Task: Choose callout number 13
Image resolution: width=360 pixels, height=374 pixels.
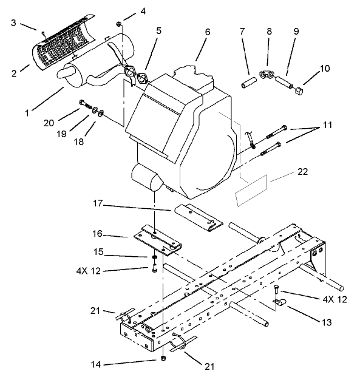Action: click(x=327, y=322)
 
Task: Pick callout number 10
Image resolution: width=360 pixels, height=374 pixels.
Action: click(x=325, y=68)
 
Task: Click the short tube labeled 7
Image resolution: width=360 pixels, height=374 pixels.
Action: click(x=247, y=81)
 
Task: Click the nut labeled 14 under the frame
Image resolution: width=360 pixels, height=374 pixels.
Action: click(x=164, y=358)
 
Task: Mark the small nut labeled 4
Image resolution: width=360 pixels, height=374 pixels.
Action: click(x=120, y=24)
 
